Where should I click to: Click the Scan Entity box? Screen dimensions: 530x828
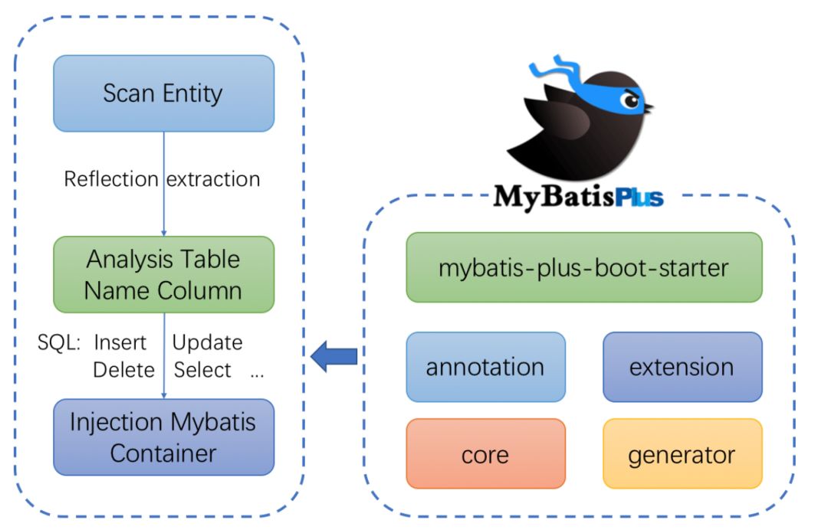click(x=163, y=93)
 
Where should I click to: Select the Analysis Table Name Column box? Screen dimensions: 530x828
click(x=163, y=274)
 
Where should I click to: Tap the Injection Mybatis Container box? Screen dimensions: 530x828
click(x=163, y=437)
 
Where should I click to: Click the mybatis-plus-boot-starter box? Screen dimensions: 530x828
click(x=583, y=267)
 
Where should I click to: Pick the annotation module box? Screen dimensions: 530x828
click(x=485, y=367)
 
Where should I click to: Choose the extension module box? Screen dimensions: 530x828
click(x=682, y=367)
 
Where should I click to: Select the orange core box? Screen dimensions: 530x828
click(x=485, y=454)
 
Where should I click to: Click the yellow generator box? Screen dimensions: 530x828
click(x=682, y=454)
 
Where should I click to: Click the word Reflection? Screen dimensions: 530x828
click(x=111, y=179)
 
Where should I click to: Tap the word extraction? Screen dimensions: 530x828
click(x=213, y=179)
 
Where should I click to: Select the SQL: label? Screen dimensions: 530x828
click(x=58, y=342)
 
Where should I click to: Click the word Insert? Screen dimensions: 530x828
click(x=120, y=342)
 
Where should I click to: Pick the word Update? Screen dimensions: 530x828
click(x=207, y=342)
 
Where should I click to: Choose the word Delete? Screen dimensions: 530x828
click(x=123, y=370)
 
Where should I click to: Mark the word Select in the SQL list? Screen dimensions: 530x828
click(x=202, y=370)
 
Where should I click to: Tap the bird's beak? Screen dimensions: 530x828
click(x=648, y=108)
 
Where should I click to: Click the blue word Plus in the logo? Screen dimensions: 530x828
click(x=638, y=197)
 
